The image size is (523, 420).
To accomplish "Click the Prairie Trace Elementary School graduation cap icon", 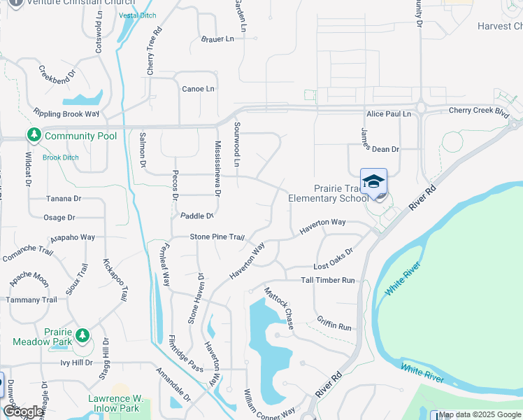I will (373, 181).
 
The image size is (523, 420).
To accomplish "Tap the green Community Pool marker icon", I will (33, 134).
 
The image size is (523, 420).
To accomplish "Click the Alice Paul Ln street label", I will (389, 113).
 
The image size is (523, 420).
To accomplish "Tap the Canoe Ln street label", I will (198, 89).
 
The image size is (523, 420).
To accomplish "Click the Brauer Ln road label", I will (217, 39).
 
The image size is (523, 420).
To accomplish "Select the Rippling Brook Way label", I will (66, 113).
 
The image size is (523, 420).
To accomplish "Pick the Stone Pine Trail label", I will (217, 237).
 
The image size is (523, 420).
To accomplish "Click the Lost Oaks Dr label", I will (334, 266).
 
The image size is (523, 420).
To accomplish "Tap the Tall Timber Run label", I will (328, 280).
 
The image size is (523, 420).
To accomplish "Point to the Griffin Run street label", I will (334, 326).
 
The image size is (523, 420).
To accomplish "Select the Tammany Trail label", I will (31, 300).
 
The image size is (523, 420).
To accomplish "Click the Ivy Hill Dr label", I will (76, 363).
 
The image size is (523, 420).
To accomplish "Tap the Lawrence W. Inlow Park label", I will (116, 402).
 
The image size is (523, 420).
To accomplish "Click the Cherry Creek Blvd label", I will (479, 110).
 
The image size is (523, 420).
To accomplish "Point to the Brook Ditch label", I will (60, 157).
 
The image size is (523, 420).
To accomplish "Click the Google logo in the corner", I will (22, 412).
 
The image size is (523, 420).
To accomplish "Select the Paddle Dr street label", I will (196, 216).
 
